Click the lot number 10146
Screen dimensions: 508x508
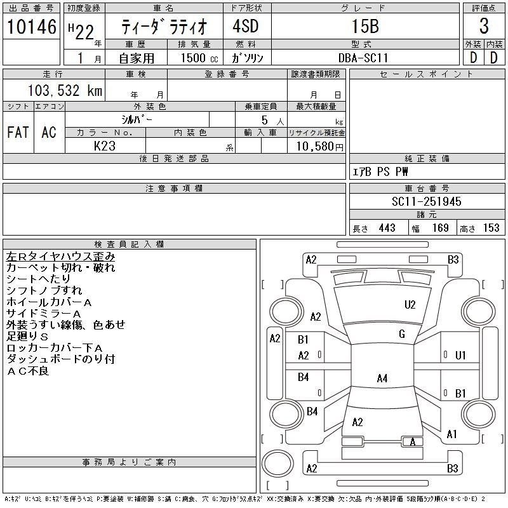(31, 27)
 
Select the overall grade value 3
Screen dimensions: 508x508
(484, 26)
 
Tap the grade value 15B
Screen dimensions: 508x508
(365, 26)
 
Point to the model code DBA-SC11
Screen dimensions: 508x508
(363, 58)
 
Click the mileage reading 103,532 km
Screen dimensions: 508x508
(65, 90)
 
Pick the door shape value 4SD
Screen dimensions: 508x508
(246, 26)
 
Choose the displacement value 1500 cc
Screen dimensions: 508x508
(199, 58)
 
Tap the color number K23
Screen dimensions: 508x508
(105, 146)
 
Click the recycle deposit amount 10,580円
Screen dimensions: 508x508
(320, 146)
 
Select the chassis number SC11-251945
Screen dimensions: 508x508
(426, 201)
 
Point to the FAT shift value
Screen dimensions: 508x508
(18, 132)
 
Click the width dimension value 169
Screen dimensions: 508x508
(440, 228)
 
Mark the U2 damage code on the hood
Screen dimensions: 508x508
(410, 305)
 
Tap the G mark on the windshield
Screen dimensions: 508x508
(402, 334)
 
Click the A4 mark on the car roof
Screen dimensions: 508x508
(382, 378)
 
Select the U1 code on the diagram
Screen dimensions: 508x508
(460, 356)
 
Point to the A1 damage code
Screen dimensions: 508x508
(451, 434)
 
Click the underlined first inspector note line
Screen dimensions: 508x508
(60, 257)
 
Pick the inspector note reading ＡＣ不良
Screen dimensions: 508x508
(28, 371)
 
